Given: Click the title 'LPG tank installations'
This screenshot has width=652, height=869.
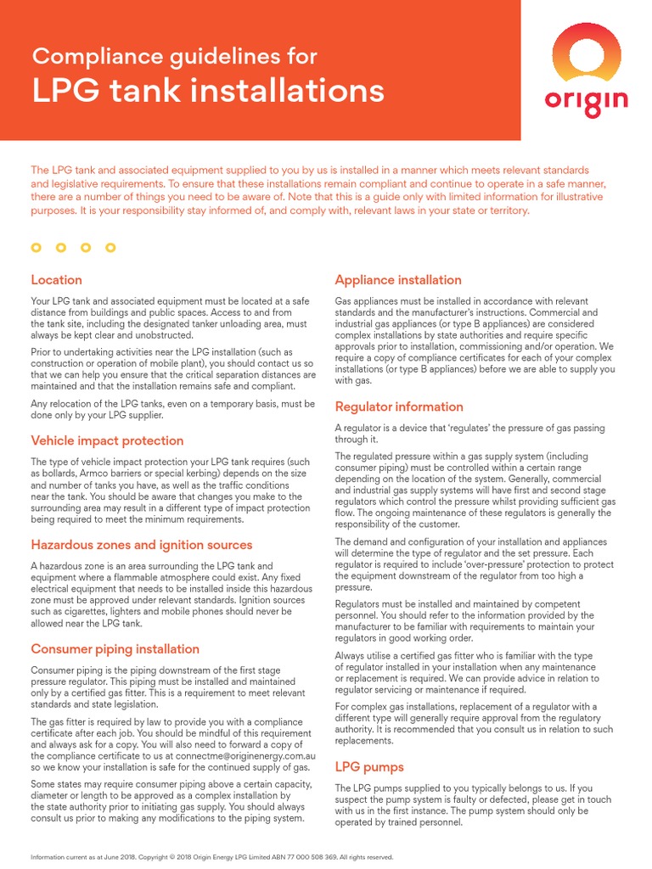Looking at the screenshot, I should click(x=207, y=91).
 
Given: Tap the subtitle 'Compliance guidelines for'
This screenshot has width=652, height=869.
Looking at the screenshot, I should click(x=174, y=57).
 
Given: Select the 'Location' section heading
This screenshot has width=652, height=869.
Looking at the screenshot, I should click(x=56, y=280).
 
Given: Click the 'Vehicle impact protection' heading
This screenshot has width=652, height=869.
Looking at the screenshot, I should click(x=107, y=440).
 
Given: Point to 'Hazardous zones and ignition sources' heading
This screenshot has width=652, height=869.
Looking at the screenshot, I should click(x=142, y=545).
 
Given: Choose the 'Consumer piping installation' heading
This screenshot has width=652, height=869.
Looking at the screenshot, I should click(x=115, y=649).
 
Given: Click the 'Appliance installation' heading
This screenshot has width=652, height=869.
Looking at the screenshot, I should click(x=398, y=280).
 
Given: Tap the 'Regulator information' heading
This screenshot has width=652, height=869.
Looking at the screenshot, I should click(x=399, y=406).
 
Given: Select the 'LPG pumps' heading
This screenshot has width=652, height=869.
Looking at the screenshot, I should click(x=368, y=766).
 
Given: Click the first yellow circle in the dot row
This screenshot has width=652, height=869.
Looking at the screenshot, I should click(x=36, y=248).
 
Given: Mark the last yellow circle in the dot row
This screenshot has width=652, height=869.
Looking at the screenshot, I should click(x=110, y=248).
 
